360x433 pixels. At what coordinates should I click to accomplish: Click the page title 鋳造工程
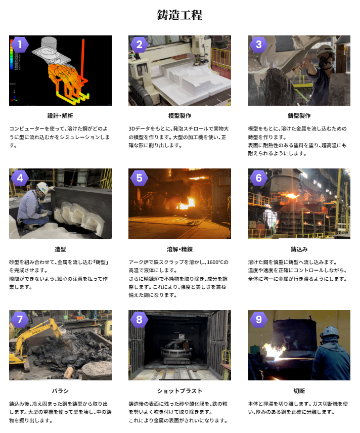(x=179, y=15)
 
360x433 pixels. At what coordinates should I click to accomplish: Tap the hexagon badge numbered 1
(x=20, y=44)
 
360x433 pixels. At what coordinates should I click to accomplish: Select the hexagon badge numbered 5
(x=139, y=178)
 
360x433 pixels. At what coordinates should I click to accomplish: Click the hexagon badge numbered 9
(x=259, y=320)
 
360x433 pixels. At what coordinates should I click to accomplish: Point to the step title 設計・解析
(x=60, y=116)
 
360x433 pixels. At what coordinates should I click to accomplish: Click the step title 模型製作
(x=179, y=116)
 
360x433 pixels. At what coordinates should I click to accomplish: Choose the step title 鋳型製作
(x=299, y=116)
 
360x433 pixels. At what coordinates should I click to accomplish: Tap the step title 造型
(x=60, y=249)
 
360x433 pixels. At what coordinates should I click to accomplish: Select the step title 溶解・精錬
(x=179, y=249)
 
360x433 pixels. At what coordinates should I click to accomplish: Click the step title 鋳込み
(x=299, y=249)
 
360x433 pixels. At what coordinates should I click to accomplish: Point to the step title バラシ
(x=60, y=391)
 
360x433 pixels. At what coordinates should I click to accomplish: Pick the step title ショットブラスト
(x=179, y=391)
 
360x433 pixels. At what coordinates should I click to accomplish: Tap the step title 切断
(x=299, y=391)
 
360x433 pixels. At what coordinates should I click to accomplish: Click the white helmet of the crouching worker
(x=43, y=188)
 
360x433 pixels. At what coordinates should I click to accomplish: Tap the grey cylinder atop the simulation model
(x=49, y=42)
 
